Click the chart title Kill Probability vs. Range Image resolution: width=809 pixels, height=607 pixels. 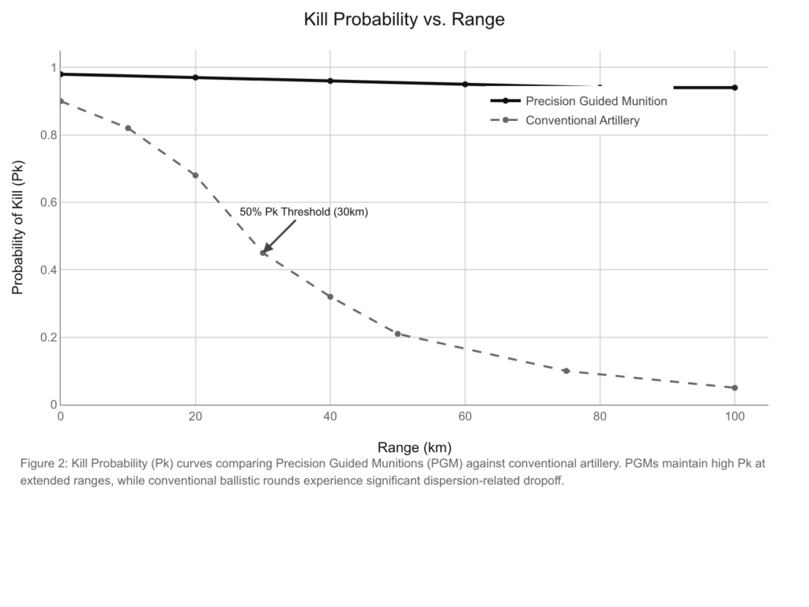point(404,20)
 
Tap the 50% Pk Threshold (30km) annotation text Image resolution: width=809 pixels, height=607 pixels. point(304,212)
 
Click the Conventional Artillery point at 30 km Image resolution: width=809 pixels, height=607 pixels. point(263,253)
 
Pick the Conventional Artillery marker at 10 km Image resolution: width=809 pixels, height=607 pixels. point(128,128)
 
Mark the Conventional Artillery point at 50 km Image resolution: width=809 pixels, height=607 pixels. point(397,334)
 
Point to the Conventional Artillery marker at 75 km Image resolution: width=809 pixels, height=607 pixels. point(566,371)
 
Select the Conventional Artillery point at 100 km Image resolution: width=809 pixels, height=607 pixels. point(735,388)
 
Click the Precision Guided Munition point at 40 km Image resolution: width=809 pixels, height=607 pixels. point(330,81)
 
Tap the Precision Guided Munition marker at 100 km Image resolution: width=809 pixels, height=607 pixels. point(735,88)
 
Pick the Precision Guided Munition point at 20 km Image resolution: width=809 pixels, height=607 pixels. point(195,77)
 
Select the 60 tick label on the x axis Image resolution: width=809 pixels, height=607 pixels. point(465,417)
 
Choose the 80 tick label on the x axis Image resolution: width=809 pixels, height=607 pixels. point(600,417)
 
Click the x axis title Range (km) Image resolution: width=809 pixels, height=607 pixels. point(413,447)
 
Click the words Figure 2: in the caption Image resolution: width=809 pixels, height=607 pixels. point(43,464)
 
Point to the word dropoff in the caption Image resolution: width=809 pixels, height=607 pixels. point(543,481)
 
